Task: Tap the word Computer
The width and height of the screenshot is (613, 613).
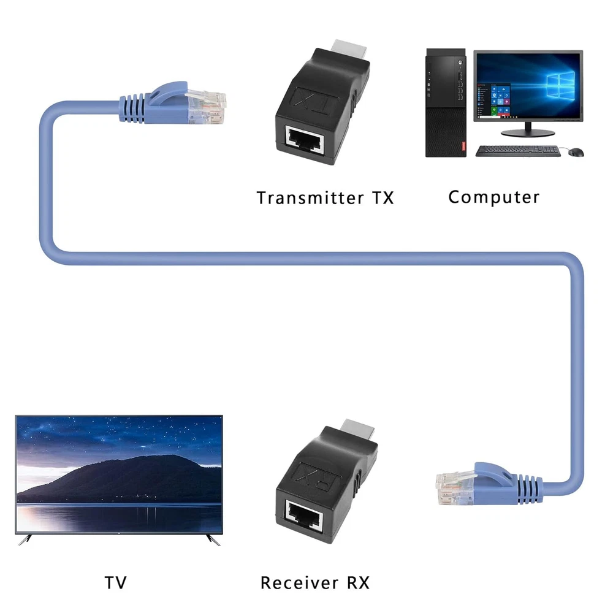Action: point(493,197)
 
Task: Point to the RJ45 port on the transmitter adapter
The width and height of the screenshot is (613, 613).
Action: point(308,142)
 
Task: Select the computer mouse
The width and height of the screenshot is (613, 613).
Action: point(577,151)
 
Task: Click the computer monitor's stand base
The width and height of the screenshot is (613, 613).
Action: point(527,131)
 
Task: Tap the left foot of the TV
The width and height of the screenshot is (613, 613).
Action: point(25,540)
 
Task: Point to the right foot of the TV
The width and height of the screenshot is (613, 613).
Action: point(213,540)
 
